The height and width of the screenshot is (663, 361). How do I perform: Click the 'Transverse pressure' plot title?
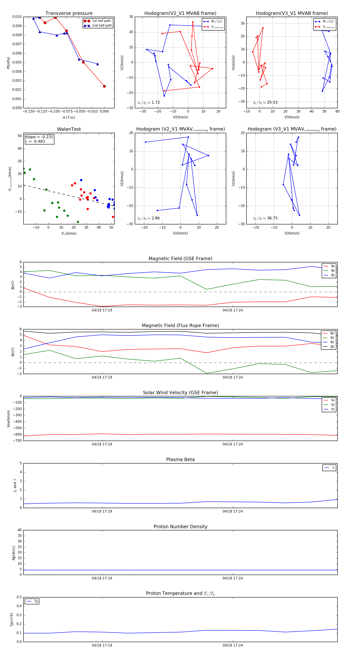click(69, 13)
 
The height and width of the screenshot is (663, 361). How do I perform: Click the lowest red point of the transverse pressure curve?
click(104, 86)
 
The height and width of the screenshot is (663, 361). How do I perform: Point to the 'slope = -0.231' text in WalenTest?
click(39, 137)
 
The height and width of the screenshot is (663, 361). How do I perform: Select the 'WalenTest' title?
click(69, 129)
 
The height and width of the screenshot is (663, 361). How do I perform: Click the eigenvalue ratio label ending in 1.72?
click(149, 102)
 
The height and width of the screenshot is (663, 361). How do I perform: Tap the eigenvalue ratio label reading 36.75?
click(265, 218)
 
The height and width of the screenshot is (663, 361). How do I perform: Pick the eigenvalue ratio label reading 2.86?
click(149, 218)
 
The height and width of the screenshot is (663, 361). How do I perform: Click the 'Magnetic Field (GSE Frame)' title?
click(180, 259)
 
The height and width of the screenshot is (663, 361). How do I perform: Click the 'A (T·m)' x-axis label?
click(69, 118)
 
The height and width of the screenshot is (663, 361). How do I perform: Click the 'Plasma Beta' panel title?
click(180, 460)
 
